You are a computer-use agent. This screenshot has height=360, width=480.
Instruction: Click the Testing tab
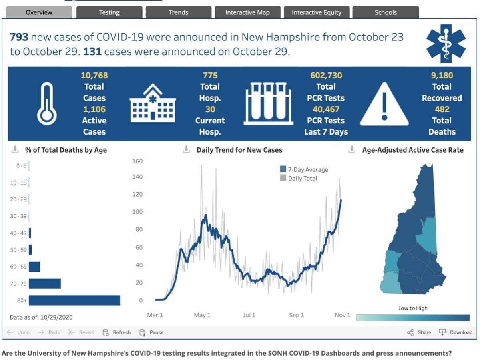click(109, 12)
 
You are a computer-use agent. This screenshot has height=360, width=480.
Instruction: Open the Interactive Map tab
click(247, 12)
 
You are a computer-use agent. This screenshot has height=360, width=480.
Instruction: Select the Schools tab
click(386, 12)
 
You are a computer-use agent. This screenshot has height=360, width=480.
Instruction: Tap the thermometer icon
click(47, 104)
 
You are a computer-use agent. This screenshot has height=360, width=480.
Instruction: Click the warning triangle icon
click(384, 104)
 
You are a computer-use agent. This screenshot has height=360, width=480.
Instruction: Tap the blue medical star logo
click(446, 44)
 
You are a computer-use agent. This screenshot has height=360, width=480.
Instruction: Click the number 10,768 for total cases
click(94, 75)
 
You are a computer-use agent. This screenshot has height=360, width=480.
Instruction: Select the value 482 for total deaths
click(442, 109)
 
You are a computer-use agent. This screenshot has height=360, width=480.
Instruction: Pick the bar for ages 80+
click(74, 300)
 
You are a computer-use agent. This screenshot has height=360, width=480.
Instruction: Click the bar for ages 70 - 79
click(45, 284)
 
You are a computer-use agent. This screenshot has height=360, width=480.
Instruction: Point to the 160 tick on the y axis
click(137, 161)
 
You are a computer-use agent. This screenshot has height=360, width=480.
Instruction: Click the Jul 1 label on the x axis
click(249, 315)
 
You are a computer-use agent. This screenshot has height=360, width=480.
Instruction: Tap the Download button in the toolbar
click(456, 332)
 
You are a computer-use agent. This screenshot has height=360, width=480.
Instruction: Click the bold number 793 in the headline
click(19, 37)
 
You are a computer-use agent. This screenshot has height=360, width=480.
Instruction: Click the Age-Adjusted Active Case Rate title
click(413, 150)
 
